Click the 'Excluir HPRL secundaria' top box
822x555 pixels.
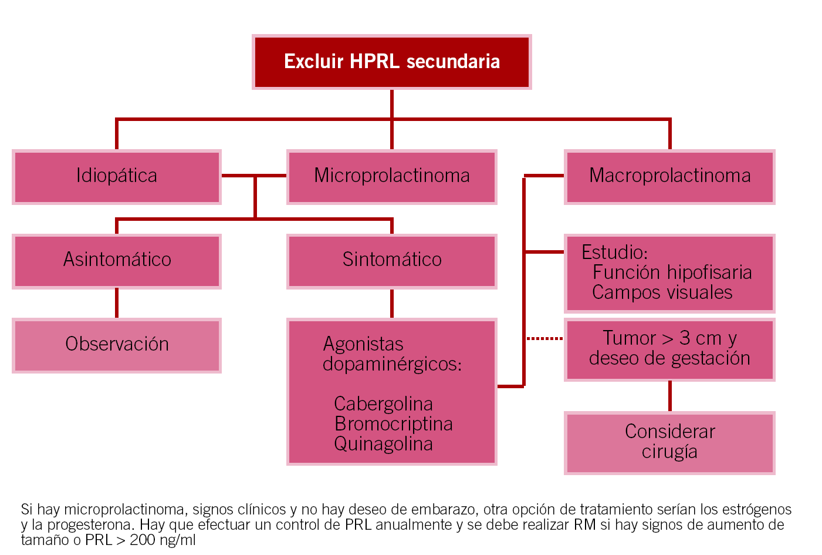[391, 62]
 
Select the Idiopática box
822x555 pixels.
[116, 176]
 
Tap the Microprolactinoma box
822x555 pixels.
[391, 176]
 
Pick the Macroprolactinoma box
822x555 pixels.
[669, 176]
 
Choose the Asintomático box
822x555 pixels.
[116, 260]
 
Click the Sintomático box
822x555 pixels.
[391, 260]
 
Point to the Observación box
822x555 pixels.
[116, 345]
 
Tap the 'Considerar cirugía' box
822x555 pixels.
[669, 442]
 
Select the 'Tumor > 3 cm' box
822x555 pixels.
[669, 349]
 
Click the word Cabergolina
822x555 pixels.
[383, 404]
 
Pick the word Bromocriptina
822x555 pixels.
[393, 424]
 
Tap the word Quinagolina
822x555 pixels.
[383, 444]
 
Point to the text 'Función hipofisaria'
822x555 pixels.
[672, 273]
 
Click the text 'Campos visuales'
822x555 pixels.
[662, 292]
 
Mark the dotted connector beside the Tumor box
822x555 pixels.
[544, 339]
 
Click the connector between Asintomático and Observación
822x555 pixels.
[116, 303]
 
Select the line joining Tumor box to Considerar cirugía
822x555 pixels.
[669, 396]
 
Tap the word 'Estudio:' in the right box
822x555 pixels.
[614, 253]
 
